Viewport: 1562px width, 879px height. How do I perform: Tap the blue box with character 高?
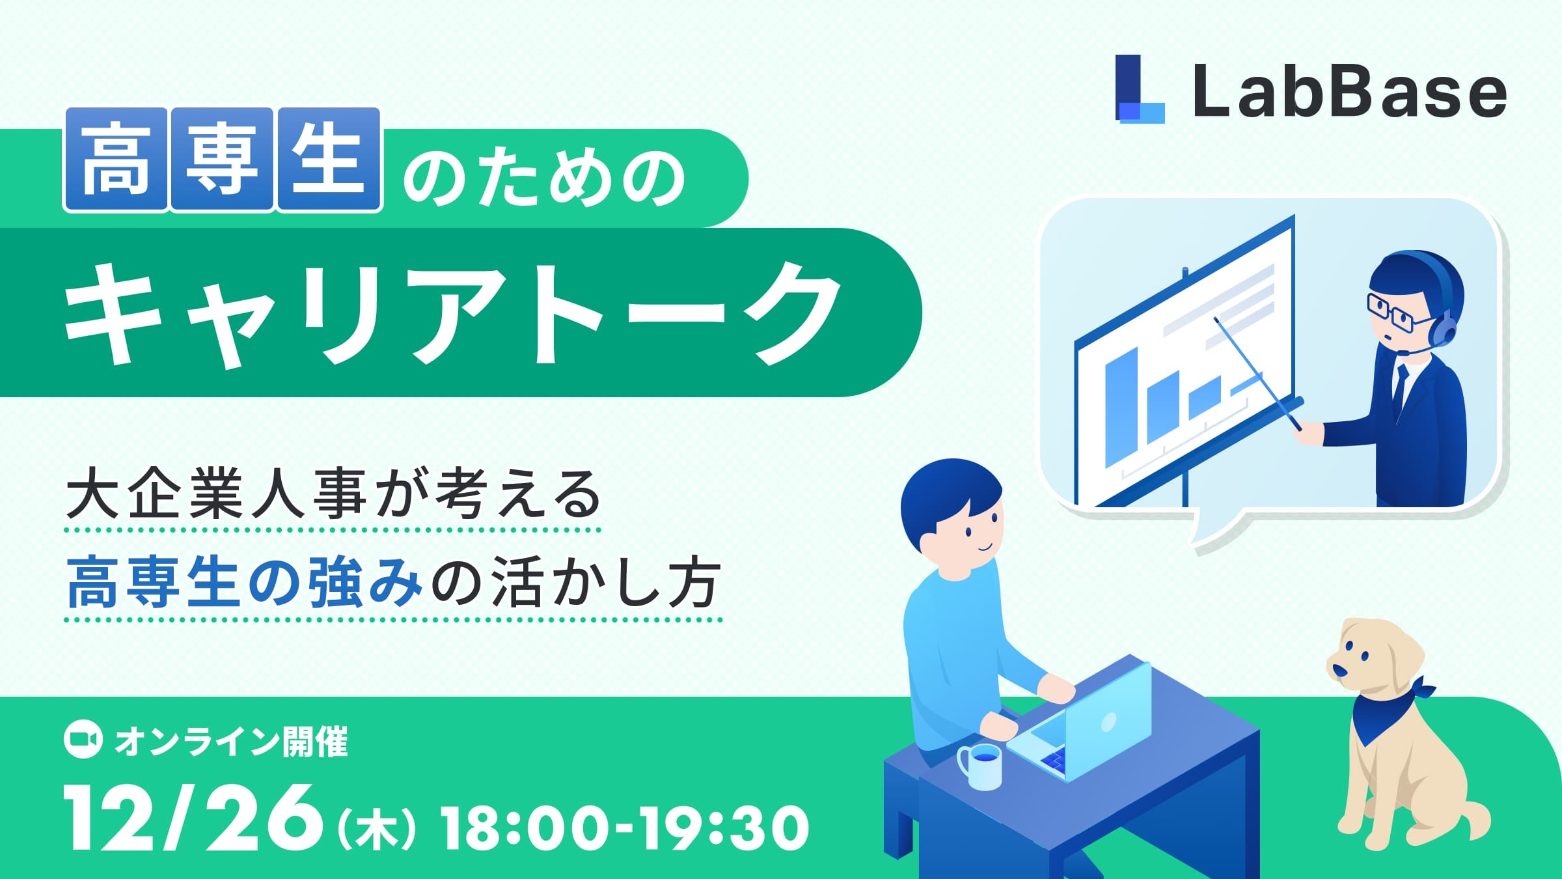click(115, 160)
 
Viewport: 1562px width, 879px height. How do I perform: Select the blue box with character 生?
click(329, 160)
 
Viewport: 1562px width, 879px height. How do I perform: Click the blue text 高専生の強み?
click(245, 581)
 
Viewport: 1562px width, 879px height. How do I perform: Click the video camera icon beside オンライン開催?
click(83, 740)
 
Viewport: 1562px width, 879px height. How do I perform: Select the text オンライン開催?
click(231, 742)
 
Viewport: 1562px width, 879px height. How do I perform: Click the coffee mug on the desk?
click(981, 767)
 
